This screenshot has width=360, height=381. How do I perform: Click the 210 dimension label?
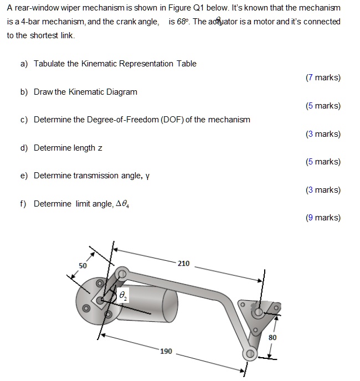point(183,263)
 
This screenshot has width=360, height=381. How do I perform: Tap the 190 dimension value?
point(166,351)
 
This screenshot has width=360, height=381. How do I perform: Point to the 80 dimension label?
point(272,337)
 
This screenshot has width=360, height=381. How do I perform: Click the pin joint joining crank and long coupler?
point(121,272)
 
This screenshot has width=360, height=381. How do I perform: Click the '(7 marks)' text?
point(323,78)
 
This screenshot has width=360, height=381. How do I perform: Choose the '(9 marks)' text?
point(323,218)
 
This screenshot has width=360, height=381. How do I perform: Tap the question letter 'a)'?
point(24,64)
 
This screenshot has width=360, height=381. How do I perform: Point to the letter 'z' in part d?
point(100,148)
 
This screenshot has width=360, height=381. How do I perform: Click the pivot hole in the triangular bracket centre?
point(258,313)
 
